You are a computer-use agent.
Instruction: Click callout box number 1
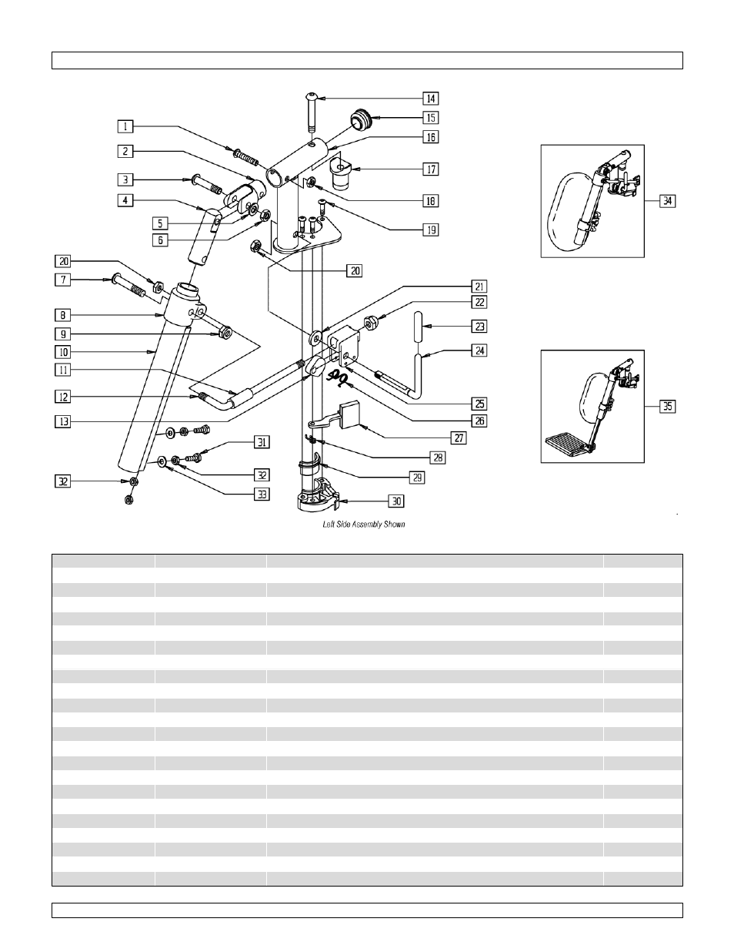click(x=125, y=126)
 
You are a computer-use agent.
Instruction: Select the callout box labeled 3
click(x=125, y=179)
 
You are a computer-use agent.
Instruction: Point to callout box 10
click(x=63, y=352)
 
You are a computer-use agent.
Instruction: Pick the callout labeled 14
click(x=430, y=98)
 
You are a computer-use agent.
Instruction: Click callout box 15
click(x=430, y=118)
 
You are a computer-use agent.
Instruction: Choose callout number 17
click(x=430, y=169)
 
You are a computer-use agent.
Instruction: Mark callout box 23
click(x=479, y=327)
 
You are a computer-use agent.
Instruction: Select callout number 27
click(x=459, y=437)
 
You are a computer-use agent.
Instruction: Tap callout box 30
click(x=396, y=501)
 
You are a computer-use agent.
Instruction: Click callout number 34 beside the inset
click(x=668, y=201)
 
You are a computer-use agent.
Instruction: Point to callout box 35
click(x=668, y=406)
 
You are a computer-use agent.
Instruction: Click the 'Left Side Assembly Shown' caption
click(x=362, y=525)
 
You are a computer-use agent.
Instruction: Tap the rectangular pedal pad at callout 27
click(x=350, y=415)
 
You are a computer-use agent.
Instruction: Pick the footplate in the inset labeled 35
click(x=567, y=444)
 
